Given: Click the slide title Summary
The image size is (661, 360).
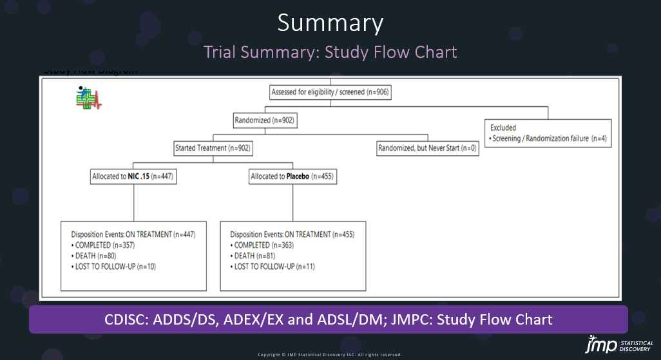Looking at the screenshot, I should pos(330,23).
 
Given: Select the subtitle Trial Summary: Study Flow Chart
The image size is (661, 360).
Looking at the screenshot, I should pos(330,52).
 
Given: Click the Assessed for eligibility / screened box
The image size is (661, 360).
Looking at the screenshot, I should pos(330,92).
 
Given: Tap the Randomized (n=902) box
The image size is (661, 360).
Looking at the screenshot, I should pos(265,120).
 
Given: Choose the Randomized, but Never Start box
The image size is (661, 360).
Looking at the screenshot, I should pos(427,148).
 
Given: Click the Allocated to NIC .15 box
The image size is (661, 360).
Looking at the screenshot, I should pos(133,176).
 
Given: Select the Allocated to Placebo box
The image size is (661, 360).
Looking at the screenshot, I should pos(292,176).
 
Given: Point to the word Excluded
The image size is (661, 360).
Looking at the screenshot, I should pos(503,128).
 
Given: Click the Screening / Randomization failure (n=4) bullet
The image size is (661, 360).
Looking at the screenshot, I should pos(548,138).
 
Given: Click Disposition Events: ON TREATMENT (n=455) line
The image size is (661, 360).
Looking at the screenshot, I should pos(292,234).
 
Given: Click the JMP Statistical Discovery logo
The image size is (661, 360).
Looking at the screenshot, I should pos(619,345).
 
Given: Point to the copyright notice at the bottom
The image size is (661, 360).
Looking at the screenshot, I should pos(330,354).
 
